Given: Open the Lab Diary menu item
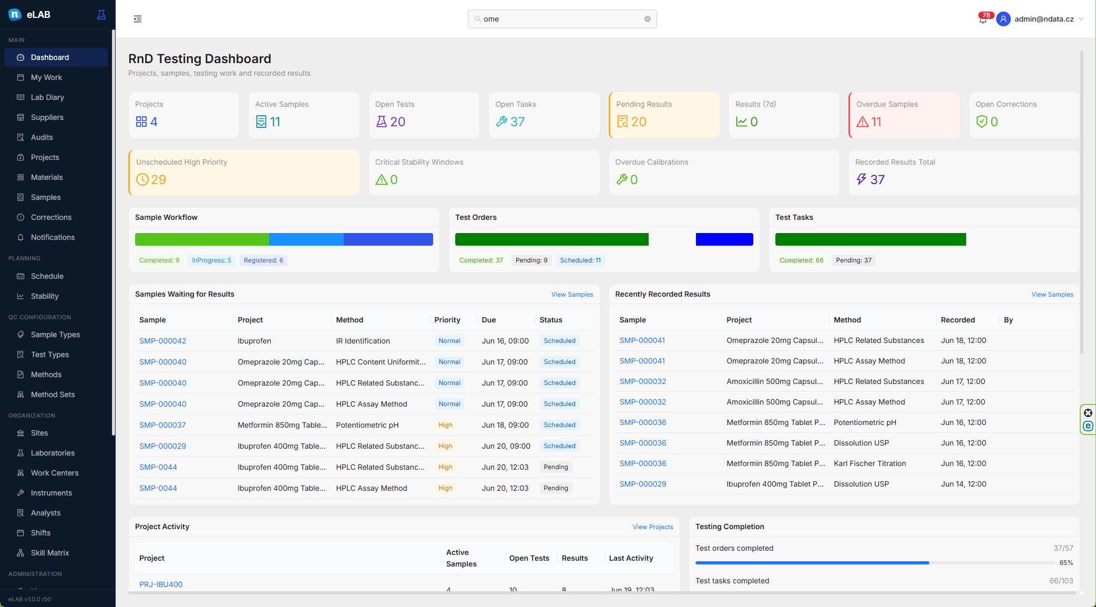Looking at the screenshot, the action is click(47, 97).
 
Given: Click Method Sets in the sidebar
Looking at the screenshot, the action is click(53, 394).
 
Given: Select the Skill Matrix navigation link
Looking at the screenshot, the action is click(50, 553).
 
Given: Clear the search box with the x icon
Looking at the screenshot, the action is click(648, 19).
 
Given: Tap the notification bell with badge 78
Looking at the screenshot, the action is click(983, 19).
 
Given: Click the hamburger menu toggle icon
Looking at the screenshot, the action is click(138, 19).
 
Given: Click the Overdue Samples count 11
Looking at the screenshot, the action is click(876, 122).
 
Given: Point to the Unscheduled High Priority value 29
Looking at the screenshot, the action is click(158, 180).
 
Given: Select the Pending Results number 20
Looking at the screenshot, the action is click(639, 122).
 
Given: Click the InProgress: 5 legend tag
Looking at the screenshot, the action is click(211, 260).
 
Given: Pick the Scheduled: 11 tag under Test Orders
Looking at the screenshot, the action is click(580, 260).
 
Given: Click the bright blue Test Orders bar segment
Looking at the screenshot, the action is click(724, 239).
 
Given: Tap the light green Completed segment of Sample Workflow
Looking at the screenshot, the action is click(202, 239).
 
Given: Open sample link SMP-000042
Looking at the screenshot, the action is click(163, 341).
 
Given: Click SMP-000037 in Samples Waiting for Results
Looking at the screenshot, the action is click(162, 425).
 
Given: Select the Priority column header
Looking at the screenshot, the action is click(447, 320).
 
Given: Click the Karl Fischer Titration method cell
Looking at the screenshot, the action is click(870, 463).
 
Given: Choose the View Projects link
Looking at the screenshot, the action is click(653, 527).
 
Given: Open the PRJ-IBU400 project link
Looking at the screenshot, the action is click(161, 584).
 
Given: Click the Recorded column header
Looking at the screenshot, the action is click(958, 320).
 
